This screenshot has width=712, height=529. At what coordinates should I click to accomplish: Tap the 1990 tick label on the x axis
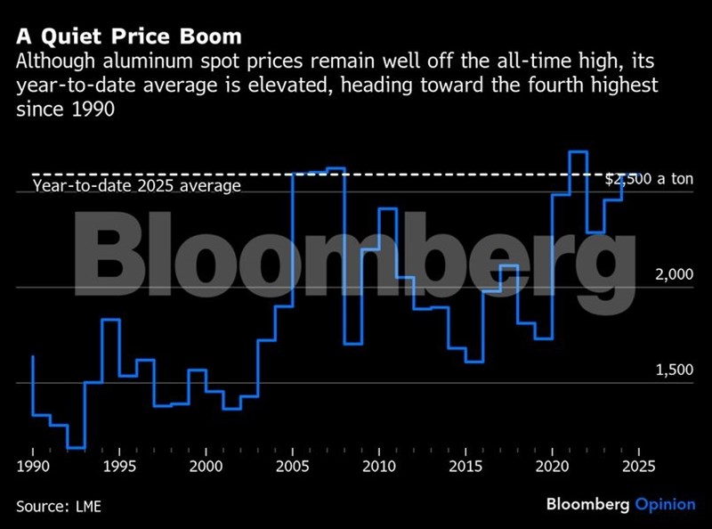click(x=32, y=466)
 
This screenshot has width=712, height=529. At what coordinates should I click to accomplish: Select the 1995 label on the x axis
click(x=119, y=466)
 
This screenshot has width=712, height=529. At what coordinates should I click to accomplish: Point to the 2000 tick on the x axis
click(x=206, y=466)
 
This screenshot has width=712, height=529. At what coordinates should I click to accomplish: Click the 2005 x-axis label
click(x=293, y=466)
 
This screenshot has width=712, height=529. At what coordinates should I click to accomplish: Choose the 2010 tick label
click(x=379, y=466)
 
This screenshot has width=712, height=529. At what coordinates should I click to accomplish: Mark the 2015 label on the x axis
click(x=465, y=466)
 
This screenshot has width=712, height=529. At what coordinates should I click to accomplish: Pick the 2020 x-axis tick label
click(x=552, y=466)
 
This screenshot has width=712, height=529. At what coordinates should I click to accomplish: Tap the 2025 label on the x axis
click(x=638, y=466)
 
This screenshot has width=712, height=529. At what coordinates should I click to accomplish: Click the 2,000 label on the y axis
click(x=674, y=275)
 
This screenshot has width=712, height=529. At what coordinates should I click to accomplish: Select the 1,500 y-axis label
click(x=674, y=370)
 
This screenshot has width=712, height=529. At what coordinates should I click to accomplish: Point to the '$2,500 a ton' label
click(x=649, y=179)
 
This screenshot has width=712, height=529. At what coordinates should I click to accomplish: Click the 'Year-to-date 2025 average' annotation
click(x=137, y=186)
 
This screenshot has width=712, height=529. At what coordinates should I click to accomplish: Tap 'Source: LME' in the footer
click(x=58, y=507)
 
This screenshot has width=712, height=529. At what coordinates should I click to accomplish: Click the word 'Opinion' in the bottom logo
click(x=665, y=505)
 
